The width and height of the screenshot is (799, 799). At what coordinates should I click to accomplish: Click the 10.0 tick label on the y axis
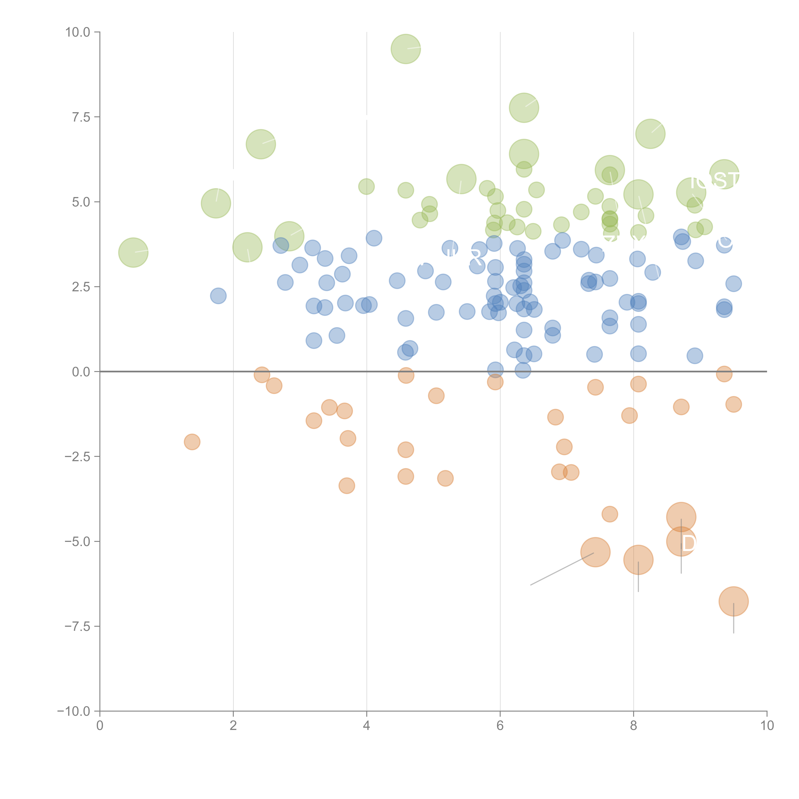point(78,32)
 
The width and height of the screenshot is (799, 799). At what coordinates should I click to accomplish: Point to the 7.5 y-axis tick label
point(81,117)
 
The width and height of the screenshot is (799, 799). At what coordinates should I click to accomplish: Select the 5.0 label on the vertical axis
point(81,202)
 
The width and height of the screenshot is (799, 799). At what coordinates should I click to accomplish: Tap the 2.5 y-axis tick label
point(81,287)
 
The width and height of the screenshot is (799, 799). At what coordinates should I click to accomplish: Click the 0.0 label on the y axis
point(81,372)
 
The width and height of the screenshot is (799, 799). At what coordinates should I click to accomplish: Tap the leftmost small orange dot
point(192,442)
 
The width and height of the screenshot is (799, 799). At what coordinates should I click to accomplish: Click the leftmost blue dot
point(218,296)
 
